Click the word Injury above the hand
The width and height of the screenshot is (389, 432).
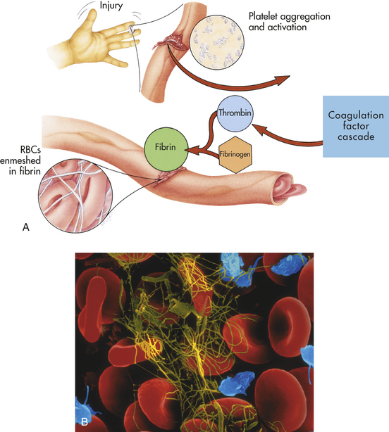[x=111, y=6]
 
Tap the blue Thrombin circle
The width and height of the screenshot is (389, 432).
[x=235, y=113]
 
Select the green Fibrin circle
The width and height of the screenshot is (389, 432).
[x=166, y=149]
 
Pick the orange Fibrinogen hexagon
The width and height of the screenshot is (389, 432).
[x=235, y=155]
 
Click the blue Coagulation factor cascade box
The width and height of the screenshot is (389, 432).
[x=356, y=127]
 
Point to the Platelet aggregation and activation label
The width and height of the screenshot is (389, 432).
[x=290, y=22]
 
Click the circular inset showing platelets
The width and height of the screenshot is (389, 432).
[x=217, y=42]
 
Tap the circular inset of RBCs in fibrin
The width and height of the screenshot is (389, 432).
[x=75, y=196]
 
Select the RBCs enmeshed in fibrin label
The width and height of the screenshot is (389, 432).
[x=20, y=160]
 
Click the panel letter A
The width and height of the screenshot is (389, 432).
[x=25, y=227]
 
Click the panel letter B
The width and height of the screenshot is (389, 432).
[x=85, y=421]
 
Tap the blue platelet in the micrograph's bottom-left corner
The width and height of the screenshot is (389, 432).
[x=85, y=405]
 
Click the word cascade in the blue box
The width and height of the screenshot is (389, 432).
[x=356, y=137]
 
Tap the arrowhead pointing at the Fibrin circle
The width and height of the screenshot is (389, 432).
[x=192, y=151]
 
